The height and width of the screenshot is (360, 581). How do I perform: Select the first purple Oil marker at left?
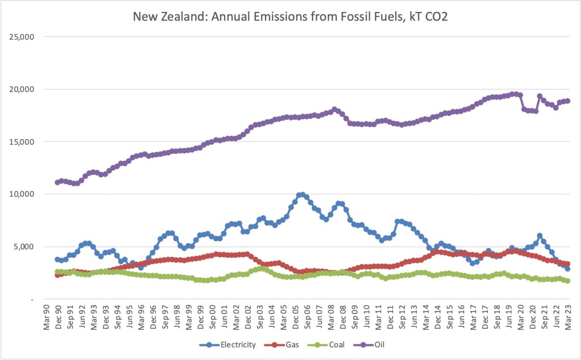click(x=57, y=182)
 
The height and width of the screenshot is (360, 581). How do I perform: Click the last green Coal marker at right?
click(x=567, y=281)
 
